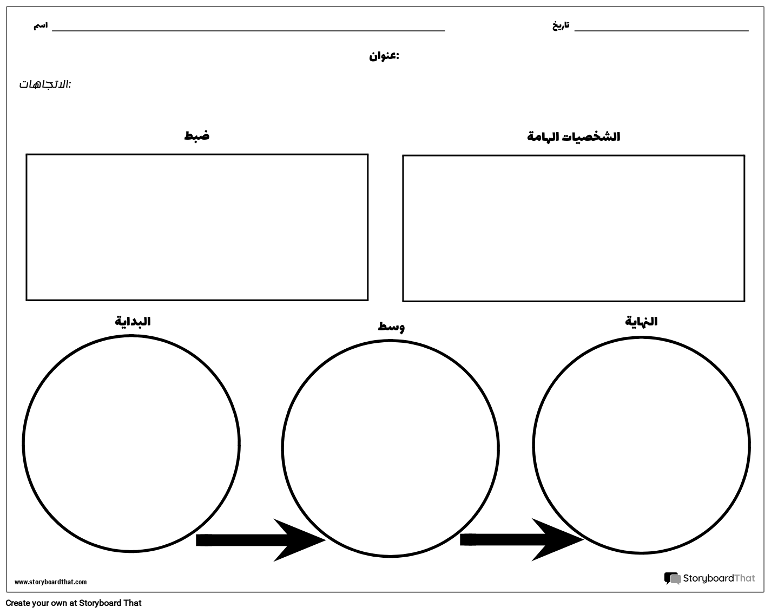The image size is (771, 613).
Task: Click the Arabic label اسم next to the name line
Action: pos(41,26)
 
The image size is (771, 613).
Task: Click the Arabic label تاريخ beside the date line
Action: pos(561,26)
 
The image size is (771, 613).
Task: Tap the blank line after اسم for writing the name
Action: pos(248,31)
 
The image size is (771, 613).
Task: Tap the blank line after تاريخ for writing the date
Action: pos(661,31)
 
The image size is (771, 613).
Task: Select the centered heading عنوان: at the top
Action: pos(384,56)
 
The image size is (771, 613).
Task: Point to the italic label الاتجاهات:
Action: pos(45,84)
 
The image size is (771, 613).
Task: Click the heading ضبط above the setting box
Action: pos(197,135)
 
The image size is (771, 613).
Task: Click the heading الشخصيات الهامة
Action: pos(573,136)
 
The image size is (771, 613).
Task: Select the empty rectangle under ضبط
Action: pos(197,227)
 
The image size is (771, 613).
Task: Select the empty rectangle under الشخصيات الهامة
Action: pos(574,228)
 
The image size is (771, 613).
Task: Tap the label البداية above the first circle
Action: pos(133,321)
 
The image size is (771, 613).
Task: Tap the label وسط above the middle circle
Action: pos(391,327)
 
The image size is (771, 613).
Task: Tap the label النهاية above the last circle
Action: pos(641,321)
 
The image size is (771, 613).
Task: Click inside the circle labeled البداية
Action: pos(131,444)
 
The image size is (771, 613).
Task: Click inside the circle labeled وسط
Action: pos(391,448)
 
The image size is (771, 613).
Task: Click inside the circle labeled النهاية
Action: pos(642,445)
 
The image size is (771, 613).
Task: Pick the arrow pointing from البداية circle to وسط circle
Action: pos(261,540)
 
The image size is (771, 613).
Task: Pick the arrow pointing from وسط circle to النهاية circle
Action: pos(522,539)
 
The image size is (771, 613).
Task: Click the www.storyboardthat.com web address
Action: pos(50,582)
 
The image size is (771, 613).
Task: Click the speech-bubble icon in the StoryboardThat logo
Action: pos(673,578)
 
